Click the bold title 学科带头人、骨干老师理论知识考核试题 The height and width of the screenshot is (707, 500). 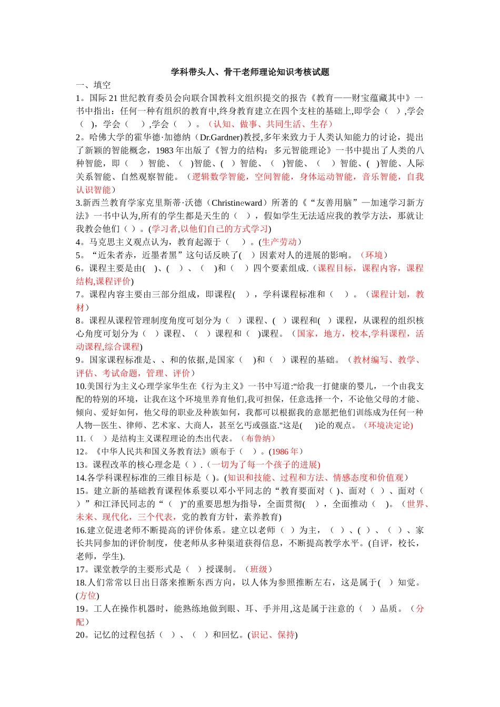click(250, 72)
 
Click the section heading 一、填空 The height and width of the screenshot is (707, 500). click(93, 85)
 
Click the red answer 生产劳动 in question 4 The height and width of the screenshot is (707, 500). click(279, 242)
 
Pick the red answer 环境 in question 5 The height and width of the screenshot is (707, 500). click(374, 255)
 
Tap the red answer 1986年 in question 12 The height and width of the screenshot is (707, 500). click(285, 451)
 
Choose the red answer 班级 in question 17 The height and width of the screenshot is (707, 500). click(258, 569)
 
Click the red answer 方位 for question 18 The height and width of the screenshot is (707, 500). click(87, 595)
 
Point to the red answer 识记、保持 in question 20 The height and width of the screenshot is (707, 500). click(273, 635)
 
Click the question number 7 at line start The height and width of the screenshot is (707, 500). click(78, 295)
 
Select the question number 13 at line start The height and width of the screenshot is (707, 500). click(81, 464)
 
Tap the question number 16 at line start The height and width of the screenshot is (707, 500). click(81, 530)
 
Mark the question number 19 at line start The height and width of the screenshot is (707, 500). click(81, 609)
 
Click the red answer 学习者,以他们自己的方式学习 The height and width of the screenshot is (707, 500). click(210, 229)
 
